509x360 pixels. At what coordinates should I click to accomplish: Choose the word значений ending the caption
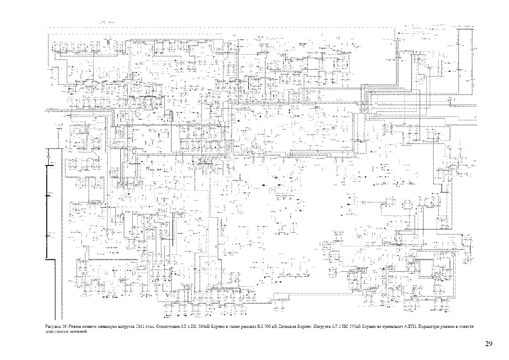click(78, 331)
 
